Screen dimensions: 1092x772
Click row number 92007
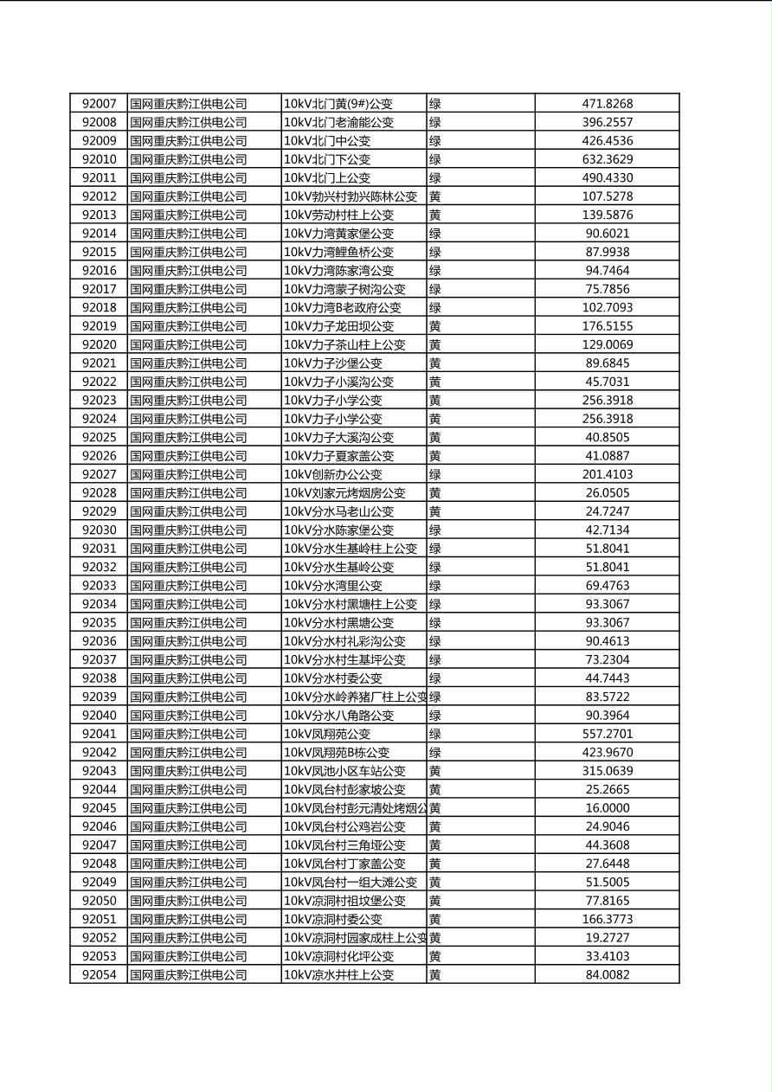(99, 104)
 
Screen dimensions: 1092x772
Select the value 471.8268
(607, 104)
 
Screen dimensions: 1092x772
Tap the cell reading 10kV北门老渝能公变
(338, 123)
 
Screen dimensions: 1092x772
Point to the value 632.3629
(607, 159)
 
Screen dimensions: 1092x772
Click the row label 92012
(99, 196)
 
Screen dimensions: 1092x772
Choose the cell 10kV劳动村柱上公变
(338, 215)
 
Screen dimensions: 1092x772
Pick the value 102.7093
(607, 308)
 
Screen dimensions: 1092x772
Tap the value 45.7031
(607, 382)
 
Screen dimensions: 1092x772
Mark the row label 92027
(99, 474)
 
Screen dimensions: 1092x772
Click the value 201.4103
(607, 474)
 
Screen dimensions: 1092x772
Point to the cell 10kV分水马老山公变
(338, 511)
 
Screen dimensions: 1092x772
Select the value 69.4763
(607, 586)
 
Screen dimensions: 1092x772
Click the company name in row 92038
(189, 678)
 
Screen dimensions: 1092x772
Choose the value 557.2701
(607, 734)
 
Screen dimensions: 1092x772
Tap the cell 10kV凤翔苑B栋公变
(337, 753)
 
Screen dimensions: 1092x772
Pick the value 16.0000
(607, 808)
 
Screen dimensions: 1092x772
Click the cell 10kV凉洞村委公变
(332, 919)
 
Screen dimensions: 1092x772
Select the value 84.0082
(607, 975)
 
